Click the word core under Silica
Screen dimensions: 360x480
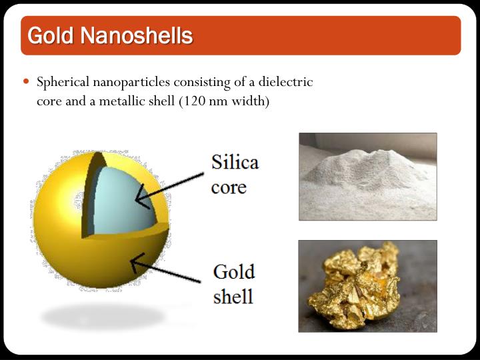[229, 186]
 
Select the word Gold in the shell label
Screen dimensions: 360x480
[233, 272]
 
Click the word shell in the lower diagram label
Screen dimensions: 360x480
[233, 295]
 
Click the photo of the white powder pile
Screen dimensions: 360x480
[367, 176]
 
